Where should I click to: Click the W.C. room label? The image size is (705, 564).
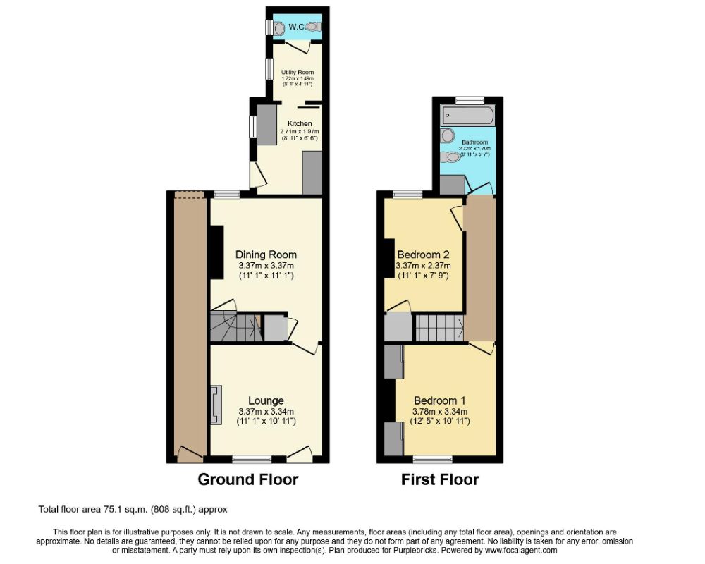click(295, 27)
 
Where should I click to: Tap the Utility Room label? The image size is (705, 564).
click(297, 73)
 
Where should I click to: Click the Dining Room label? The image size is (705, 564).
click(266, 255)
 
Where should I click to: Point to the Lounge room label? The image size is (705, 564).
click(266, 401)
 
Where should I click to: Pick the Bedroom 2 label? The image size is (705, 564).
click(423, 255)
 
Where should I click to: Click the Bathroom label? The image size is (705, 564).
click(474, 142)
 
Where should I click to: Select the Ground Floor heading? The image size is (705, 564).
click(247, 480)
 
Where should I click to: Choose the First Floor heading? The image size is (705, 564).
click(440, 480)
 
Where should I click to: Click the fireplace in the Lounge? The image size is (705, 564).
click(214, 405)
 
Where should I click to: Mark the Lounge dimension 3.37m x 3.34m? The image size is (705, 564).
click(266, 412)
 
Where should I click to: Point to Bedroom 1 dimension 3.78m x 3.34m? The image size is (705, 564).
click(441, 412)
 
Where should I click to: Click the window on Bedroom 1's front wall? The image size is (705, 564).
click(432, 459)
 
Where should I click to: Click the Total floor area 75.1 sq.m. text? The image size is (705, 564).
click(132, 509)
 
